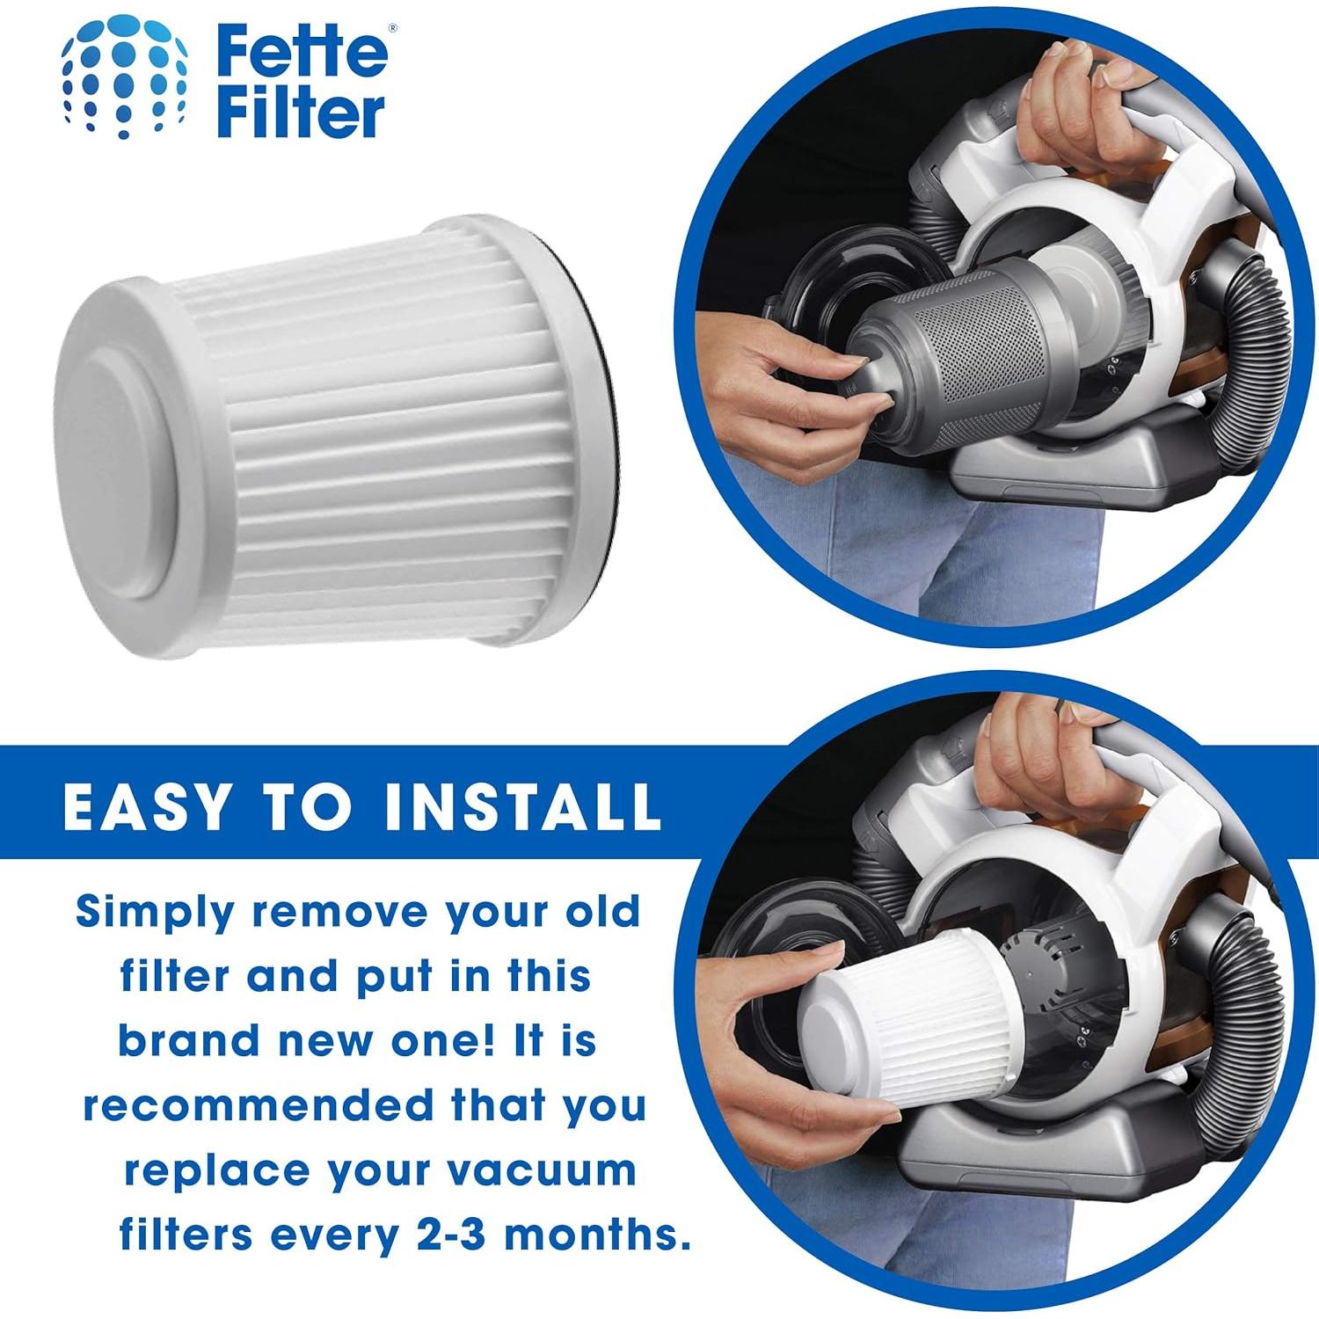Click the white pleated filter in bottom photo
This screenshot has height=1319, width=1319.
tap(906, 1029)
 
